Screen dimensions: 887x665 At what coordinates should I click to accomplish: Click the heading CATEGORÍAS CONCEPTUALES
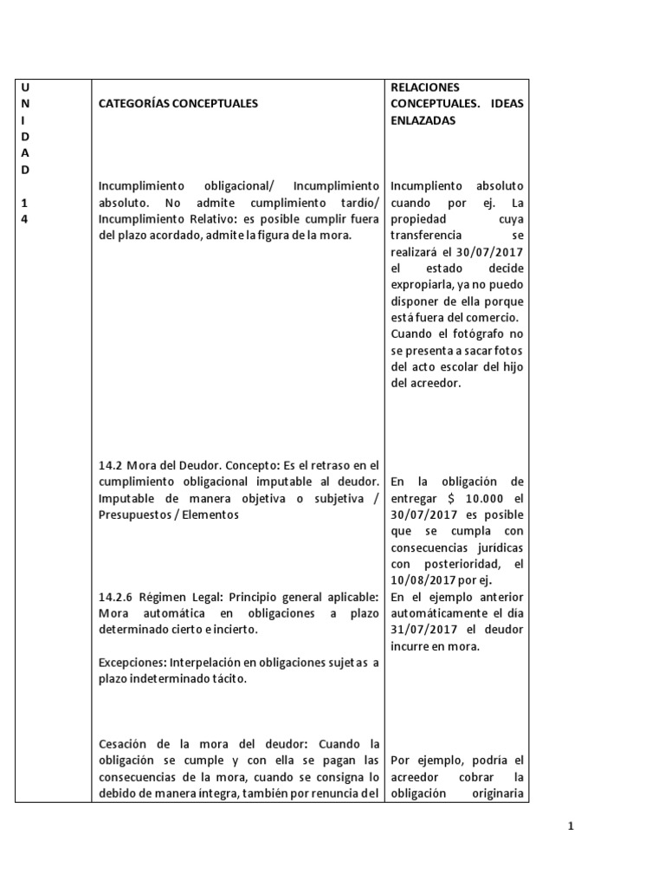pyautogui.click(x=178, y=103)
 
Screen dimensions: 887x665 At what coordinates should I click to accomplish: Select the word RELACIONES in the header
pyautogui.click(x=425, y=87)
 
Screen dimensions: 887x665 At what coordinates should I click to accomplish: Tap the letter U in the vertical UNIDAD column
pyautogui.click(x=24, y=87)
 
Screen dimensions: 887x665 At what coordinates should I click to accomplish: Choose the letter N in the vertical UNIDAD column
pyautogui.click(x=24, y=103)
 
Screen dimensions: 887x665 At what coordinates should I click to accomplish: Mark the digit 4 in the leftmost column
pyautogui.click(x=24, y=219)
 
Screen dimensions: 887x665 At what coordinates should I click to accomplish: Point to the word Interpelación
pyautogui.click(x=206, y=664)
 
